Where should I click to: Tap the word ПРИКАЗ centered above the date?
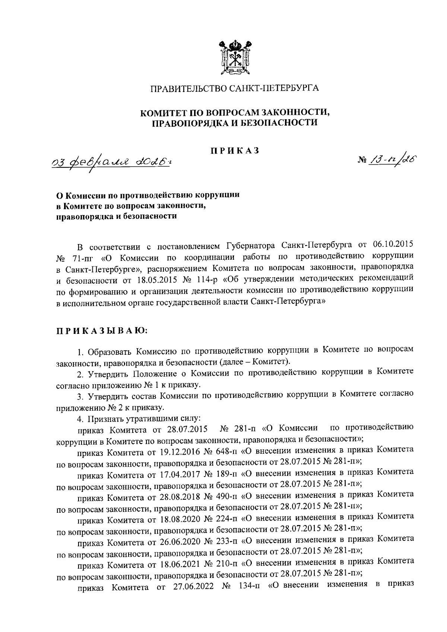pos(234,151)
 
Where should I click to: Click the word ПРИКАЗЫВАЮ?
pos(102,330)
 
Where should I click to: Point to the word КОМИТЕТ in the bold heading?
pos(165,112)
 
